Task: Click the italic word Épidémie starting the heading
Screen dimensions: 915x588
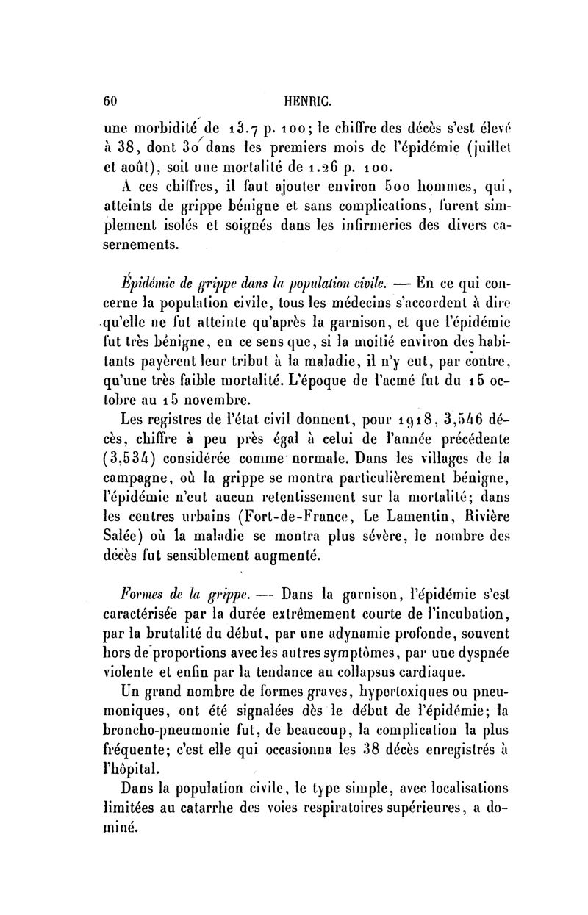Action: click(148, 279)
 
